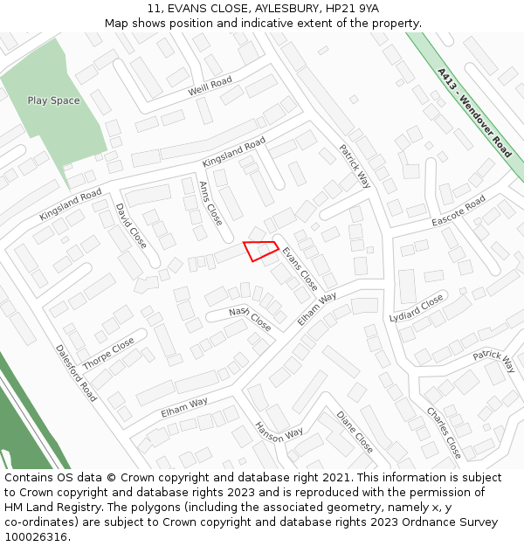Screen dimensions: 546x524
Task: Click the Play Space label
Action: click(53, 100)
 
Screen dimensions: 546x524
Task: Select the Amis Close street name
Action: click(210, 203)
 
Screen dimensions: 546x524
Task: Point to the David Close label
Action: click(131, 225)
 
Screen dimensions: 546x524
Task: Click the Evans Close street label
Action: click(300, 268)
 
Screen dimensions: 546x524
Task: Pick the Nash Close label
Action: click(250, 319)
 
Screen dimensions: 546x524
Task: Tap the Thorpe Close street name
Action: click(108, 353)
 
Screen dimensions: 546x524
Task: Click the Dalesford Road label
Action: click(76, 371)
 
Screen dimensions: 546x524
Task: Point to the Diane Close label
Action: click(355, 432)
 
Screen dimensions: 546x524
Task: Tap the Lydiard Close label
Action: click(417, 308)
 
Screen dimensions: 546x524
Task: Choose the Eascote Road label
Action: click(458, 211)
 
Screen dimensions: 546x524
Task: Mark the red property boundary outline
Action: click(259, 250)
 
